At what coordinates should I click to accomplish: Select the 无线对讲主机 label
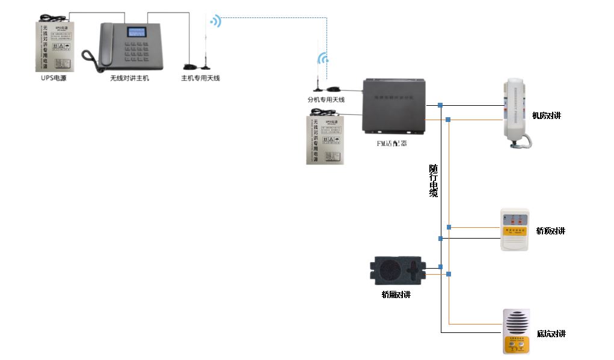[129, 78]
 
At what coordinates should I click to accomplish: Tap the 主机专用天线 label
[201, 78]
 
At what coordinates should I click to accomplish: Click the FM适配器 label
[391, 144]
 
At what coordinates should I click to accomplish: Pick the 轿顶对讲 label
[550, 231]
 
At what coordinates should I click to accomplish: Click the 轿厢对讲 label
[396, 294]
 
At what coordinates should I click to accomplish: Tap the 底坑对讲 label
[550, 334]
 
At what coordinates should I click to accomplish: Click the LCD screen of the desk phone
[136, 33]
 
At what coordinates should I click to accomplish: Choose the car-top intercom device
[515, 230]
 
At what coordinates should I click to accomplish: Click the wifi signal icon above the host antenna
[215, 22]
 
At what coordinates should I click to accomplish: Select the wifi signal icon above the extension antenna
[323, 58]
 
